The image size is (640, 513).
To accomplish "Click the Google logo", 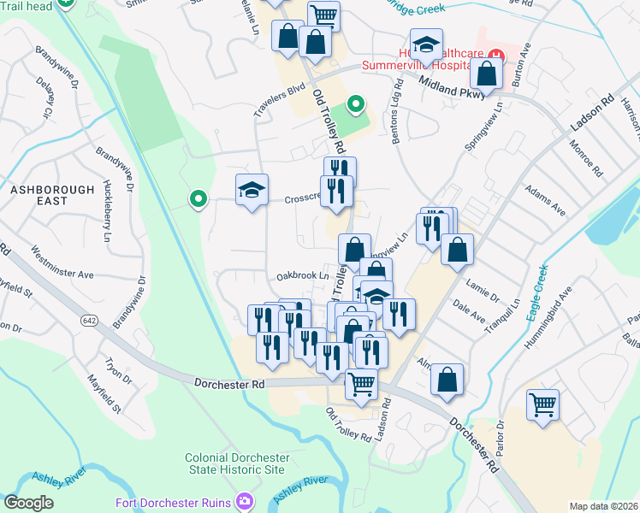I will [x=28, y=502].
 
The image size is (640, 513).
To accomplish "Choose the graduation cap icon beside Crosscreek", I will [x=252, y=190].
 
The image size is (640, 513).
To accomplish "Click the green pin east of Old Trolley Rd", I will [x=356, y=105].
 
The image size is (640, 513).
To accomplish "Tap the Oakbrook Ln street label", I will [x=302, y=276].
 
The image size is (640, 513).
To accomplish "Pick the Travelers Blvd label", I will [x=279, y=99].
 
